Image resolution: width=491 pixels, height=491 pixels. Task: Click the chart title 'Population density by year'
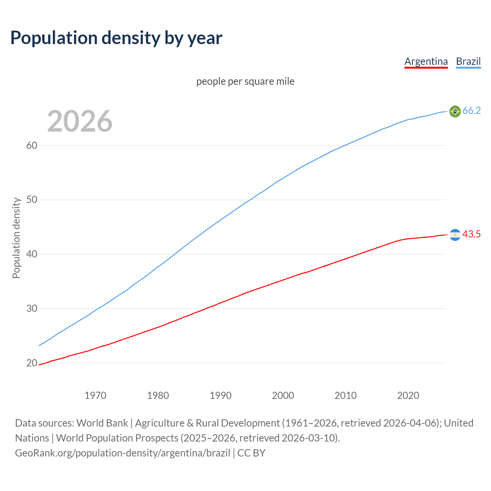pyautogui.click(x=116, y=38)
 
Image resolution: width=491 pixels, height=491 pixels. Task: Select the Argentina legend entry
pyautogui.click(x=426, y=61)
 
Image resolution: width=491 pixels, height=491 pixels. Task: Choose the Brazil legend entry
pyautogui.click(x=468, y=61)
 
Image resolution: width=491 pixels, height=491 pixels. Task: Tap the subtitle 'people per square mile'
pyautogui.click(x=245, y=81)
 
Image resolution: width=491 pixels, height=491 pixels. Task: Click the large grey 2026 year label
pyautogui.click(x=80, y=121)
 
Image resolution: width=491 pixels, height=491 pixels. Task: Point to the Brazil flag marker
pyautogui.click(x=455, y=111)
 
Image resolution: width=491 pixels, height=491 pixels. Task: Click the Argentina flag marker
pyautogui.click(x=455, y=234)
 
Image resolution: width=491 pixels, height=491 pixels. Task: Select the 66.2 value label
pyautogui.click(x=471, y=111)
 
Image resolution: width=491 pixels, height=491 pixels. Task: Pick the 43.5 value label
pyautogui.click(x=471, y=234)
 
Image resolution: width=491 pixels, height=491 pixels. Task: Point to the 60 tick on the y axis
pyautogui.click(x=32, y=145)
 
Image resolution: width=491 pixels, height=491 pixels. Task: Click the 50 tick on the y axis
pyautogui.click(x=32, y=200)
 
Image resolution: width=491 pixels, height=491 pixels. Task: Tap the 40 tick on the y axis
pyautogui.click(x=32, y=254)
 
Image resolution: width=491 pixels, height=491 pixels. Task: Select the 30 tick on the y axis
pyautogui.click(x=32, y=309)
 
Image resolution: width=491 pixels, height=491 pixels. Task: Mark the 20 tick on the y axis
pyautogui.click(x=32, y=363)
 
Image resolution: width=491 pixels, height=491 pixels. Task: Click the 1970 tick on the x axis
pyautogui.click(x=96, y=395)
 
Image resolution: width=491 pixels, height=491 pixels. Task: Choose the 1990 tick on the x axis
pyautogui.click(x=221, y=395)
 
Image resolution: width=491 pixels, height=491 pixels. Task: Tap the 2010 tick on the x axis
pyautogui.click(x=346, y=395)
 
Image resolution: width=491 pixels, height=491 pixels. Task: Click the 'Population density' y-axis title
pyautogui.click(x=16, y=238)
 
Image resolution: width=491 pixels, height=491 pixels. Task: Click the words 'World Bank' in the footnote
pyautogui.click(x=102, y=423)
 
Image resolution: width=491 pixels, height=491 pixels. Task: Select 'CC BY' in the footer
pyautogui.click(x=251, y=453)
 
